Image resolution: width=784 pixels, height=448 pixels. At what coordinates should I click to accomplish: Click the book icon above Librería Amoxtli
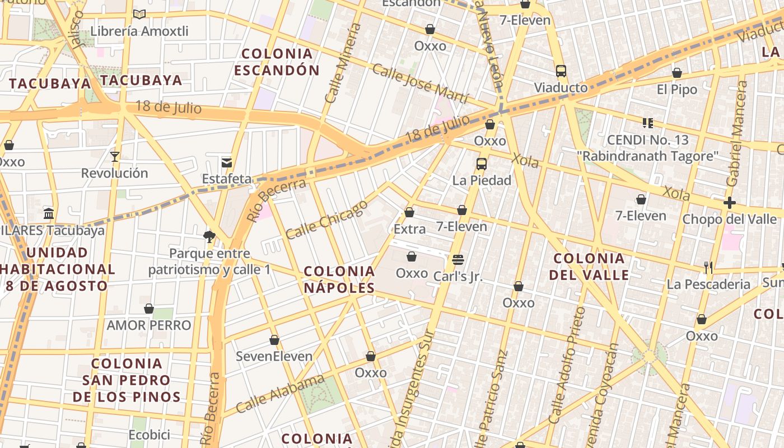pos(139,15)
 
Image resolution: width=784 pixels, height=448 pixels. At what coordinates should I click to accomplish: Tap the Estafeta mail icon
pos(227,163)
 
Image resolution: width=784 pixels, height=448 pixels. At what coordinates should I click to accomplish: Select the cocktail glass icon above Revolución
pos(115,156)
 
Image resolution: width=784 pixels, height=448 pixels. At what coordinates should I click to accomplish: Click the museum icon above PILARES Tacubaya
pos(49,213)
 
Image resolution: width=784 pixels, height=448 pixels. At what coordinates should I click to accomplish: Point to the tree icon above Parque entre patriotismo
pos(209,236)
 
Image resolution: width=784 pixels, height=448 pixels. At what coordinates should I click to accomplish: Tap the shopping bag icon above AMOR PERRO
pos(149,309)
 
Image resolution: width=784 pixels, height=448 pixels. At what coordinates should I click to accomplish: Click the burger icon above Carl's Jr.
pos(458,259)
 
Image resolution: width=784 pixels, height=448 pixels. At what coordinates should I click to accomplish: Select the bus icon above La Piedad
pos(481,164)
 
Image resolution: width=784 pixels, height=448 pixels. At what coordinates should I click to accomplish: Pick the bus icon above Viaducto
pos(561,71)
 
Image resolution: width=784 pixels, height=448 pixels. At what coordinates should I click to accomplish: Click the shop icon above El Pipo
pos(677,73)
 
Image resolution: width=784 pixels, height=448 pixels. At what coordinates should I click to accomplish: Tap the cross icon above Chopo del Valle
pos(729,203)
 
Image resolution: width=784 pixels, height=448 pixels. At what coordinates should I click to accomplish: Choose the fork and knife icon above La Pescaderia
pos(708,268)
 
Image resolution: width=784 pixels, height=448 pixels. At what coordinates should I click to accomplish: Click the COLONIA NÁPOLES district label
pos(339,279)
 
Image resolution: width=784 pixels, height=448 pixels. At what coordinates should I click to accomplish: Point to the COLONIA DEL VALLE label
pos(589,267)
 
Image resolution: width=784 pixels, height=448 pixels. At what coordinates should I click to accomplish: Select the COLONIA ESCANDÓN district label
pos(277,62)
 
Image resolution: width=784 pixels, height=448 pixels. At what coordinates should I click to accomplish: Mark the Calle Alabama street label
pos(280,394)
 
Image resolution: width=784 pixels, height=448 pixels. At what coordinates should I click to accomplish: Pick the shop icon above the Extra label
pos(409,212)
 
